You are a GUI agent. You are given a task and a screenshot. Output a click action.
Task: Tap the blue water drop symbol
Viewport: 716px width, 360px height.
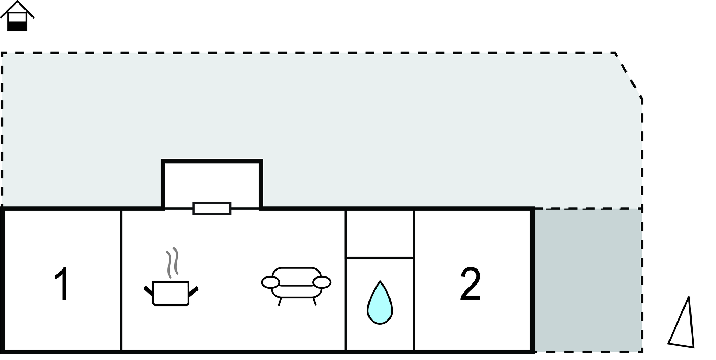click(380, 303)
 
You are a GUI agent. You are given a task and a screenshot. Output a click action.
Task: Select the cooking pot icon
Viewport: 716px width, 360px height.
click(171, 294)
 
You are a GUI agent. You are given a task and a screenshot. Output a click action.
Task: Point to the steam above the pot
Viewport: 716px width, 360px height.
click(172, 262)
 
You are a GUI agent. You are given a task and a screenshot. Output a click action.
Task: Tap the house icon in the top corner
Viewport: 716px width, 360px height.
click(17, 16)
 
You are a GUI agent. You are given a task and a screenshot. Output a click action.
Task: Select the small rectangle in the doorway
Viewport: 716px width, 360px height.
click(212, 208)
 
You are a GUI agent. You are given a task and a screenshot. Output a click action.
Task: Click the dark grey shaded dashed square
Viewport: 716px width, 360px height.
click(588, 280)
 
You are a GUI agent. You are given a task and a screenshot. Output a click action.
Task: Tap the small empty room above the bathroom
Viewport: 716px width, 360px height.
click(380, 233)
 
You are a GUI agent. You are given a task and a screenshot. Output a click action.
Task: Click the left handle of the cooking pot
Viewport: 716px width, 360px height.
click(148, 291)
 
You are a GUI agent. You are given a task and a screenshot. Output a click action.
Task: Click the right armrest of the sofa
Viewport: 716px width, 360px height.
click(322, 282)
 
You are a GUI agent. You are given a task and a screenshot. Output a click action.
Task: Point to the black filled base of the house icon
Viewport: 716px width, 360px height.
click(17, 26)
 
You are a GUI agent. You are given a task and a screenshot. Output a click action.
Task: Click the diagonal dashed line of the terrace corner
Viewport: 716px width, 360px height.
click(628, 75)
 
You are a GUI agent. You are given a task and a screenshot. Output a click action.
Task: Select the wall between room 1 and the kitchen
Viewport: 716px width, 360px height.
click(121, 280)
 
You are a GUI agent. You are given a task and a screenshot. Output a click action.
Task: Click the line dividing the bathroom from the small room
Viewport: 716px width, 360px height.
click(380, 258)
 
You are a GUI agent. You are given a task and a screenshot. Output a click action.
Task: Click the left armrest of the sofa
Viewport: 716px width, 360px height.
click(270, 282)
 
